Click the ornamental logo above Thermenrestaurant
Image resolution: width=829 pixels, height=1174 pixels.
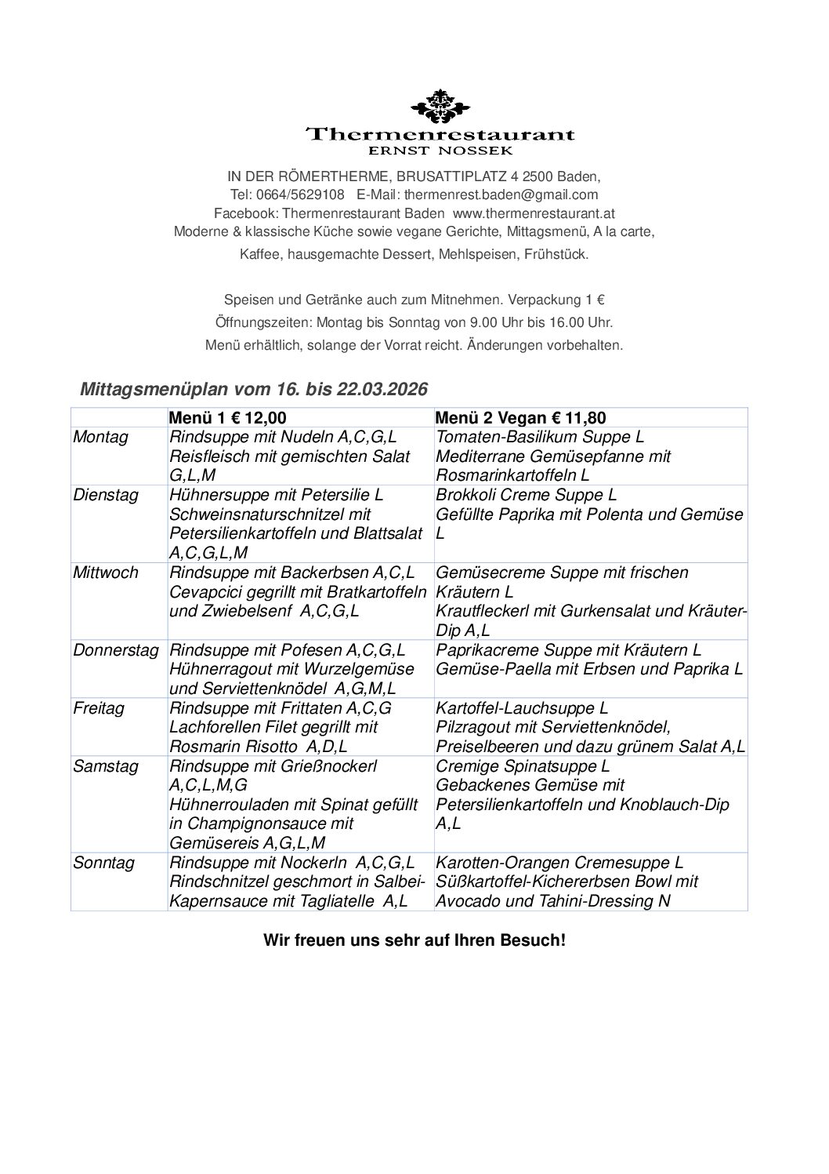point(439,107)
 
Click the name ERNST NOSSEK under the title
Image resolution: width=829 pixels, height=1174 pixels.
point(440,149)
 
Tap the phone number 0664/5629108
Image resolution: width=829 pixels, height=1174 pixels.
point(300,194)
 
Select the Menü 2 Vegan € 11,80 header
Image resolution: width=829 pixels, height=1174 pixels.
point(520,419)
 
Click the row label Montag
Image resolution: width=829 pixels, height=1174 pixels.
point(100,438)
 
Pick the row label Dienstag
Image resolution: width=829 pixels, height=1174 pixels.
point(107,496)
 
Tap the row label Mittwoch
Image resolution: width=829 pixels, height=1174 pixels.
point(106,572)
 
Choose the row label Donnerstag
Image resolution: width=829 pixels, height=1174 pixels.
point(116,650)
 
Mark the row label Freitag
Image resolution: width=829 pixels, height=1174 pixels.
point(99,708)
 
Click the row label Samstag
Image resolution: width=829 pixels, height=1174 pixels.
point(105,766)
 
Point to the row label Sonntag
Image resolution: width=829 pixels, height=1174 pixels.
point(103,863)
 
